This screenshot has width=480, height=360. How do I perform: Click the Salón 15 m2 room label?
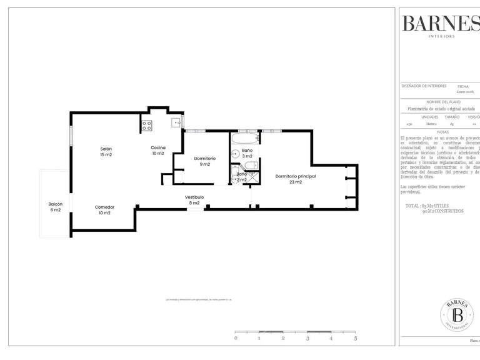point(106,151)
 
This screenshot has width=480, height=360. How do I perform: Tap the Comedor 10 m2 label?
point(104,209)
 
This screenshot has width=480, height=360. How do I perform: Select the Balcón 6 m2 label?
point(55,207)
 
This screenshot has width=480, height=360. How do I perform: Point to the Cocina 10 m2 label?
point(157,150)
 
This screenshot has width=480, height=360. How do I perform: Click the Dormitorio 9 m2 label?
point(204,161)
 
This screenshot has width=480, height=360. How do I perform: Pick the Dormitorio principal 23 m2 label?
point(296,179)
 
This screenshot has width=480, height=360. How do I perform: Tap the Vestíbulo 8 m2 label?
point(194,200)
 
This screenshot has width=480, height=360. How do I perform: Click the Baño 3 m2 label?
point(247,153)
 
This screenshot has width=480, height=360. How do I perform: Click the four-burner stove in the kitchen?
point(147,126)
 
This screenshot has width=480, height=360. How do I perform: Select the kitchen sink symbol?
point(177,122)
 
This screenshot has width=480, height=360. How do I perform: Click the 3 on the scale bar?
point(307,338)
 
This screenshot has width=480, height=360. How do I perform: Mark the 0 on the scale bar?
point(236,338)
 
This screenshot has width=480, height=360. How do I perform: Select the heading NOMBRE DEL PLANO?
point(443,101)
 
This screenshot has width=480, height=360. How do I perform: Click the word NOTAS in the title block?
point(443,132)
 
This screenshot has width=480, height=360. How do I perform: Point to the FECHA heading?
point(463,86)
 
